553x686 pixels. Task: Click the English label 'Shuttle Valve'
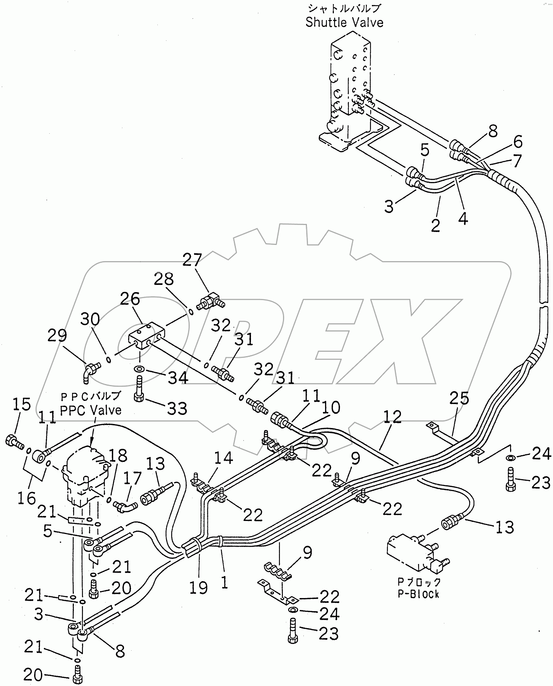[x=344, y=23]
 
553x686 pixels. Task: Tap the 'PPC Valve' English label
[x=91, y=410]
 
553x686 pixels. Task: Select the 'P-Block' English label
[x=419, y=594]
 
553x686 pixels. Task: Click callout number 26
[x=130, y=299]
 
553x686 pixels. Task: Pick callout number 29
[x=57, y=336]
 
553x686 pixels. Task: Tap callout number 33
[x=177, y=408]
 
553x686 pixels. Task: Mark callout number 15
[x=22, y=404]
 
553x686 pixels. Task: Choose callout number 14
[x=223, y=458]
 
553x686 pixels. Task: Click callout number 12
[x=392, y=417]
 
